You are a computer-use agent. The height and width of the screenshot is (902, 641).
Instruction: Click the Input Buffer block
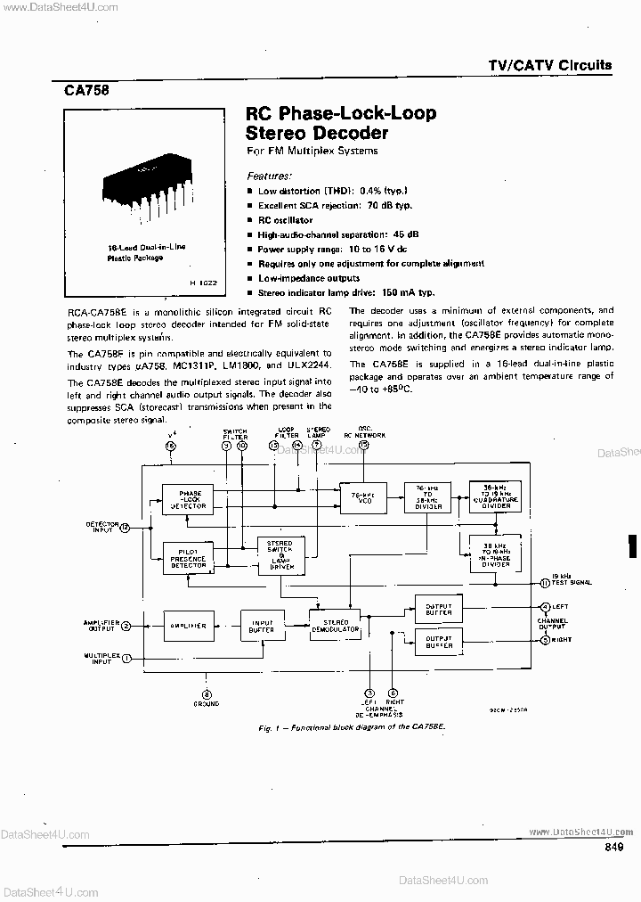pos(262,626)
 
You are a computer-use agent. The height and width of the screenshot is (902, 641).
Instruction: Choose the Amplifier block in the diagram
pos(188,626)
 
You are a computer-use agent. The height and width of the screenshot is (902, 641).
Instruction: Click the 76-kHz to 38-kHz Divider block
pos(426,497)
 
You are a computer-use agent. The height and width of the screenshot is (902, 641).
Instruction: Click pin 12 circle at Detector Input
pos(125,528)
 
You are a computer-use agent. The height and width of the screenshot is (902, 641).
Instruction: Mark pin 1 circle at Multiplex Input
pos(126,659)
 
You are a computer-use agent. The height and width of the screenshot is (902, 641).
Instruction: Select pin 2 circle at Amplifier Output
pos(126,626)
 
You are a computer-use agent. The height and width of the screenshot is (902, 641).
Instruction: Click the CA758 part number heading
pos(85,89)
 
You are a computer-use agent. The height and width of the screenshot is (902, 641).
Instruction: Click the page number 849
pos(613,848)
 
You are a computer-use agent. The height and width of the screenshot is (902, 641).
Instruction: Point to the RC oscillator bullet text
pos(285,219)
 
